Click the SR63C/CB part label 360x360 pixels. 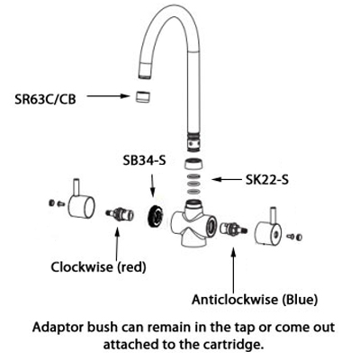[45, 99]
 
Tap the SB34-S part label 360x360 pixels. [144, 161]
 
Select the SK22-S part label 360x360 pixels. [267, 179]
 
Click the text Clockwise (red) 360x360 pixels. [98, 266]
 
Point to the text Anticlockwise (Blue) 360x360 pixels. [255, 300]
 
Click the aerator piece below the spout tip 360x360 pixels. [142, 96]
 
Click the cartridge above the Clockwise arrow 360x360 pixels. [120, 214]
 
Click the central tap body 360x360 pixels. [193, 222]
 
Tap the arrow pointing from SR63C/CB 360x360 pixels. [108, 96]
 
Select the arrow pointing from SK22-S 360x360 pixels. [227, 179]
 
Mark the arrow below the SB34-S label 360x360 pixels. [152, 185]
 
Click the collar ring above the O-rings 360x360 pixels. [193, 165]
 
